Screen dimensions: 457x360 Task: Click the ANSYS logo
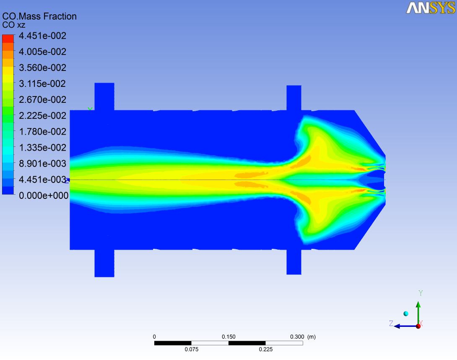[431, 8]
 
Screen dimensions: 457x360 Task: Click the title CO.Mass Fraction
[39, 16]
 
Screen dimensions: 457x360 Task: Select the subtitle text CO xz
[14, 25]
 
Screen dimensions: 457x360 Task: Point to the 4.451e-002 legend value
[42, 36]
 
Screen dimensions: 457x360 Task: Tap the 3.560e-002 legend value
[42, 68]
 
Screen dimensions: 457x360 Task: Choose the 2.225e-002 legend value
[42, 115]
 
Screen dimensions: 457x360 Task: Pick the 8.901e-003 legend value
[42, 163]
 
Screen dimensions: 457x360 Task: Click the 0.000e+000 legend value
[44, 196]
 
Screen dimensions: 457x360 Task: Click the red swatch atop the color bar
[8, 39]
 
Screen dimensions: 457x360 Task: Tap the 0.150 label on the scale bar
[228, 337]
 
